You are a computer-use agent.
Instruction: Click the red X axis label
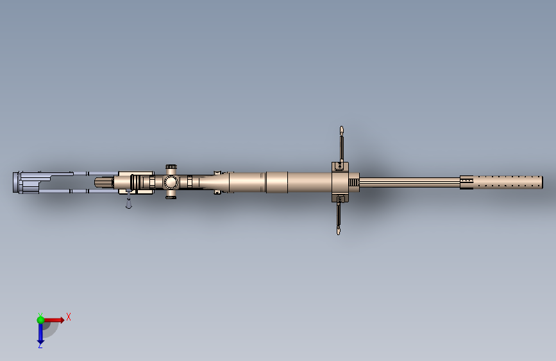68,317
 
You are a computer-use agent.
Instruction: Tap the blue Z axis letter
40,345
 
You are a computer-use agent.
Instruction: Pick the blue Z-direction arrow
40,332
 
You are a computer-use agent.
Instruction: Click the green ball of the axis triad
40,319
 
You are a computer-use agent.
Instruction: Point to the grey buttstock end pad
15,182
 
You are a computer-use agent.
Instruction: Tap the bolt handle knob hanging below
128,206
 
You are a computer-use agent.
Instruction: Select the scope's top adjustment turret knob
171,167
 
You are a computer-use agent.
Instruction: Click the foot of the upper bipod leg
342,132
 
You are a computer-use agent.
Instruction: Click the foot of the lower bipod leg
338,231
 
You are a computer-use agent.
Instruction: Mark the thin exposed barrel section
410,182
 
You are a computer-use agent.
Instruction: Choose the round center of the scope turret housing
171,182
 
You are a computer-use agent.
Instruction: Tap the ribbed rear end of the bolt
104,183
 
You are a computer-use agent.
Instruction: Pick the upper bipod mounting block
339,167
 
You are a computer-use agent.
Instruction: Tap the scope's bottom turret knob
171,197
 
